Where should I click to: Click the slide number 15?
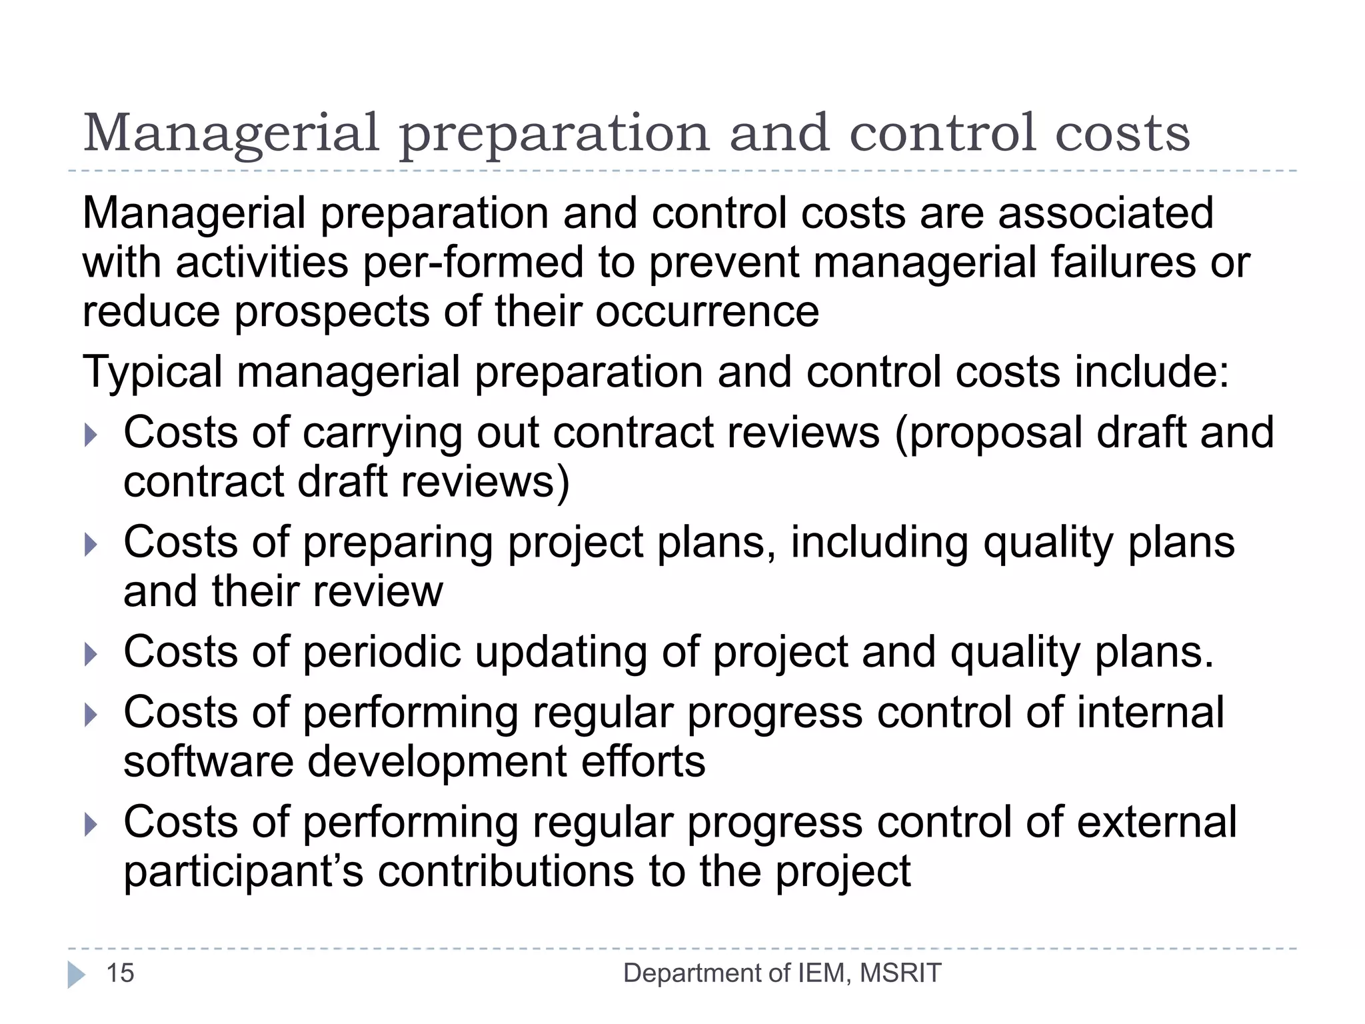coord(121,973)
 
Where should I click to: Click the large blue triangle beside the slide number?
coord(77,975)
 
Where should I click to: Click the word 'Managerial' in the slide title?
coord(231,133)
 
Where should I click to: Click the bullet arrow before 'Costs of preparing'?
coord(91,545)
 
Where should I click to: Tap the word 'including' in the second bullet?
coord(879,543)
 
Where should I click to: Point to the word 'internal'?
coord(1150,712)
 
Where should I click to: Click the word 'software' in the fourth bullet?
coord(208,761)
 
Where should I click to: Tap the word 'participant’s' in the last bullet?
coord(243,872)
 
